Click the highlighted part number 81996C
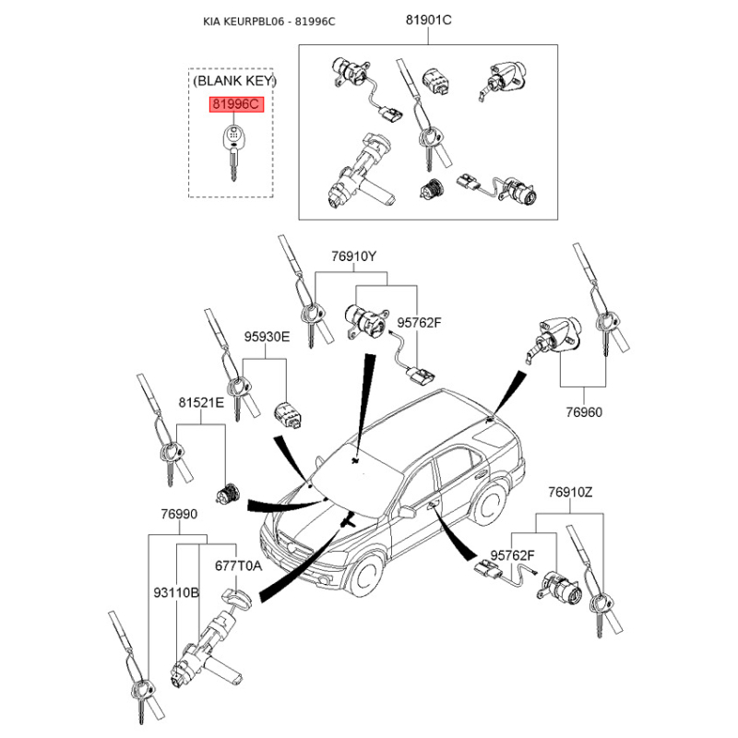[236, 105]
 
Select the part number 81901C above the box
[428, 21]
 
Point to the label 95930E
[267, 338]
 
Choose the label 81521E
[201, 403]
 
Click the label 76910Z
[570, 493]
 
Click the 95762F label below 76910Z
[513, 555]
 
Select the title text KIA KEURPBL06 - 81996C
[269, 21]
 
